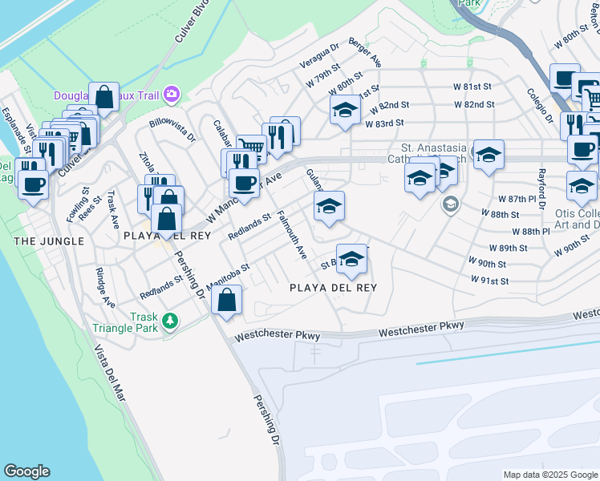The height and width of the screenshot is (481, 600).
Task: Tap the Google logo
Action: coord(26,471)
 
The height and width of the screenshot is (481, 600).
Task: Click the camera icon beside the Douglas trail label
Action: coord(171,95)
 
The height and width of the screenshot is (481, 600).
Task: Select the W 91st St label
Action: coord(489,281)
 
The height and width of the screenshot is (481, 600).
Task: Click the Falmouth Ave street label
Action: coord(292,235)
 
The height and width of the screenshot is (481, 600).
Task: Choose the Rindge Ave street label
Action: coord(103,286)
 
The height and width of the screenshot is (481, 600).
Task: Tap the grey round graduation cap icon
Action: coord(450,204)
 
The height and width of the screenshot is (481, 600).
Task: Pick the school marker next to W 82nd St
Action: coord(345,110)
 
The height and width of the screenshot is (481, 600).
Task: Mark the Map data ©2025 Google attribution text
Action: coord(550,475)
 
